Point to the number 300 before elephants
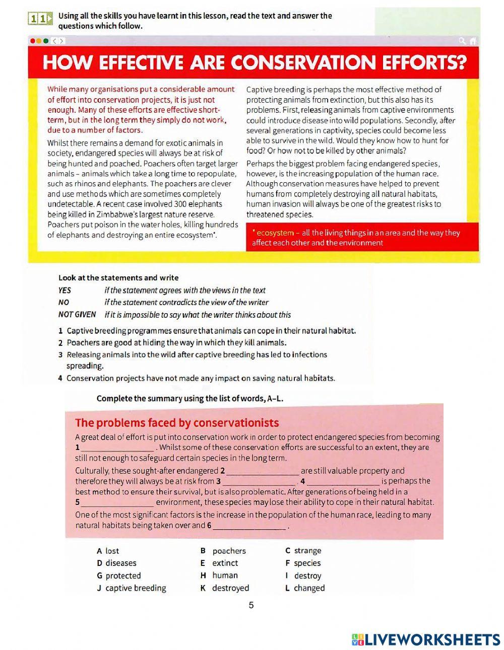tap(180, 204)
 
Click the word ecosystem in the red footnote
tap(275, 233)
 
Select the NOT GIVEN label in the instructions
tap(77, 315)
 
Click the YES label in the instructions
tap(65, 291)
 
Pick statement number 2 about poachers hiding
tap(176, 343)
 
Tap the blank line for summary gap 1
tap(118, 448)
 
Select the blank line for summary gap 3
tap(259, 482)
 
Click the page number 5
tap(251, 606)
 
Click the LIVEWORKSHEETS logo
tap(426, 639)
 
